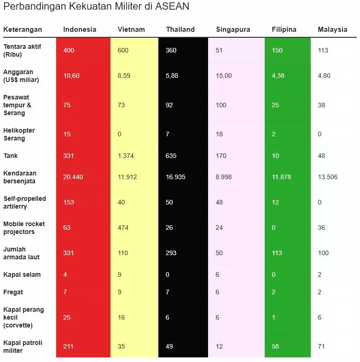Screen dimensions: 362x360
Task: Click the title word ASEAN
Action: tap(173, 6)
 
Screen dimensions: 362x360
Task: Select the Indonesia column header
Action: tap(80, 29)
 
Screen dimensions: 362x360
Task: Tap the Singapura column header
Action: tap(233, 29)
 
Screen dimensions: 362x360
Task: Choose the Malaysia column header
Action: tap(332, 29)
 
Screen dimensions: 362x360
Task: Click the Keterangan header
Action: tap(23, 29)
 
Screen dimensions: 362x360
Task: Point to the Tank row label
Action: tap(11, 156)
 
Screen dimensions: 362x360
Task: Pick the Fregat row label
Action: tap(13, 292)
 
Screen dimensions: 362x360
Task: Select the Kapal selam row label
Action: tap(22, 274)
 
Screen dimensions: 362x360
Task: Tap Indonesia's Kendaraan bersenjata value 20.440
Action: tap(73, 177)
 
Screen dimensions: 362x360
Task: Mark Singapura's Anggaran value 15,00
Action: tap(224, 76)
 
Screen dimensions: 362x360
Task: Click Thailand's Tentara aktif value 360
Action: tap(171, 50)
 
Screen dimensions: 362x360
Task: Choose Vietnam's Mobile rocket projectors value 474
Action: tap(123, 228)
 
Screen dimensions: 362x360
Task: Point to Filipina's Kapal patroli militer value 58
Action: tap(275, 346)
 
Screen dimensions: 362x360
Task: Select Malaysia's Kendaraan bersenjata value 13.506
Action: tap(328, 177)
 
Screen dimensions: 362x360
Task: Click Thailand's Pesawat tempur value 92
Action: tap(169, 105)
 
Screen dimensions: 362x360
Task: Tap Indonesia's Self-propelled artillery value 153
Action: tap(69, 202)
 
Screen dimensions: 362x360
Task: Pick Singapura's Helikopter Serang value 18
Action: tap(219, 134)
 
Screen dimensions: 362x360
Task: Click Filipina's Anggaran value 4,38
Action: tap(278, 76)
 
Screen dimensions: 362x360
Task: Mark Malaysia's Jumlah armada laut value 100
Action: tap(323, 253)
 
